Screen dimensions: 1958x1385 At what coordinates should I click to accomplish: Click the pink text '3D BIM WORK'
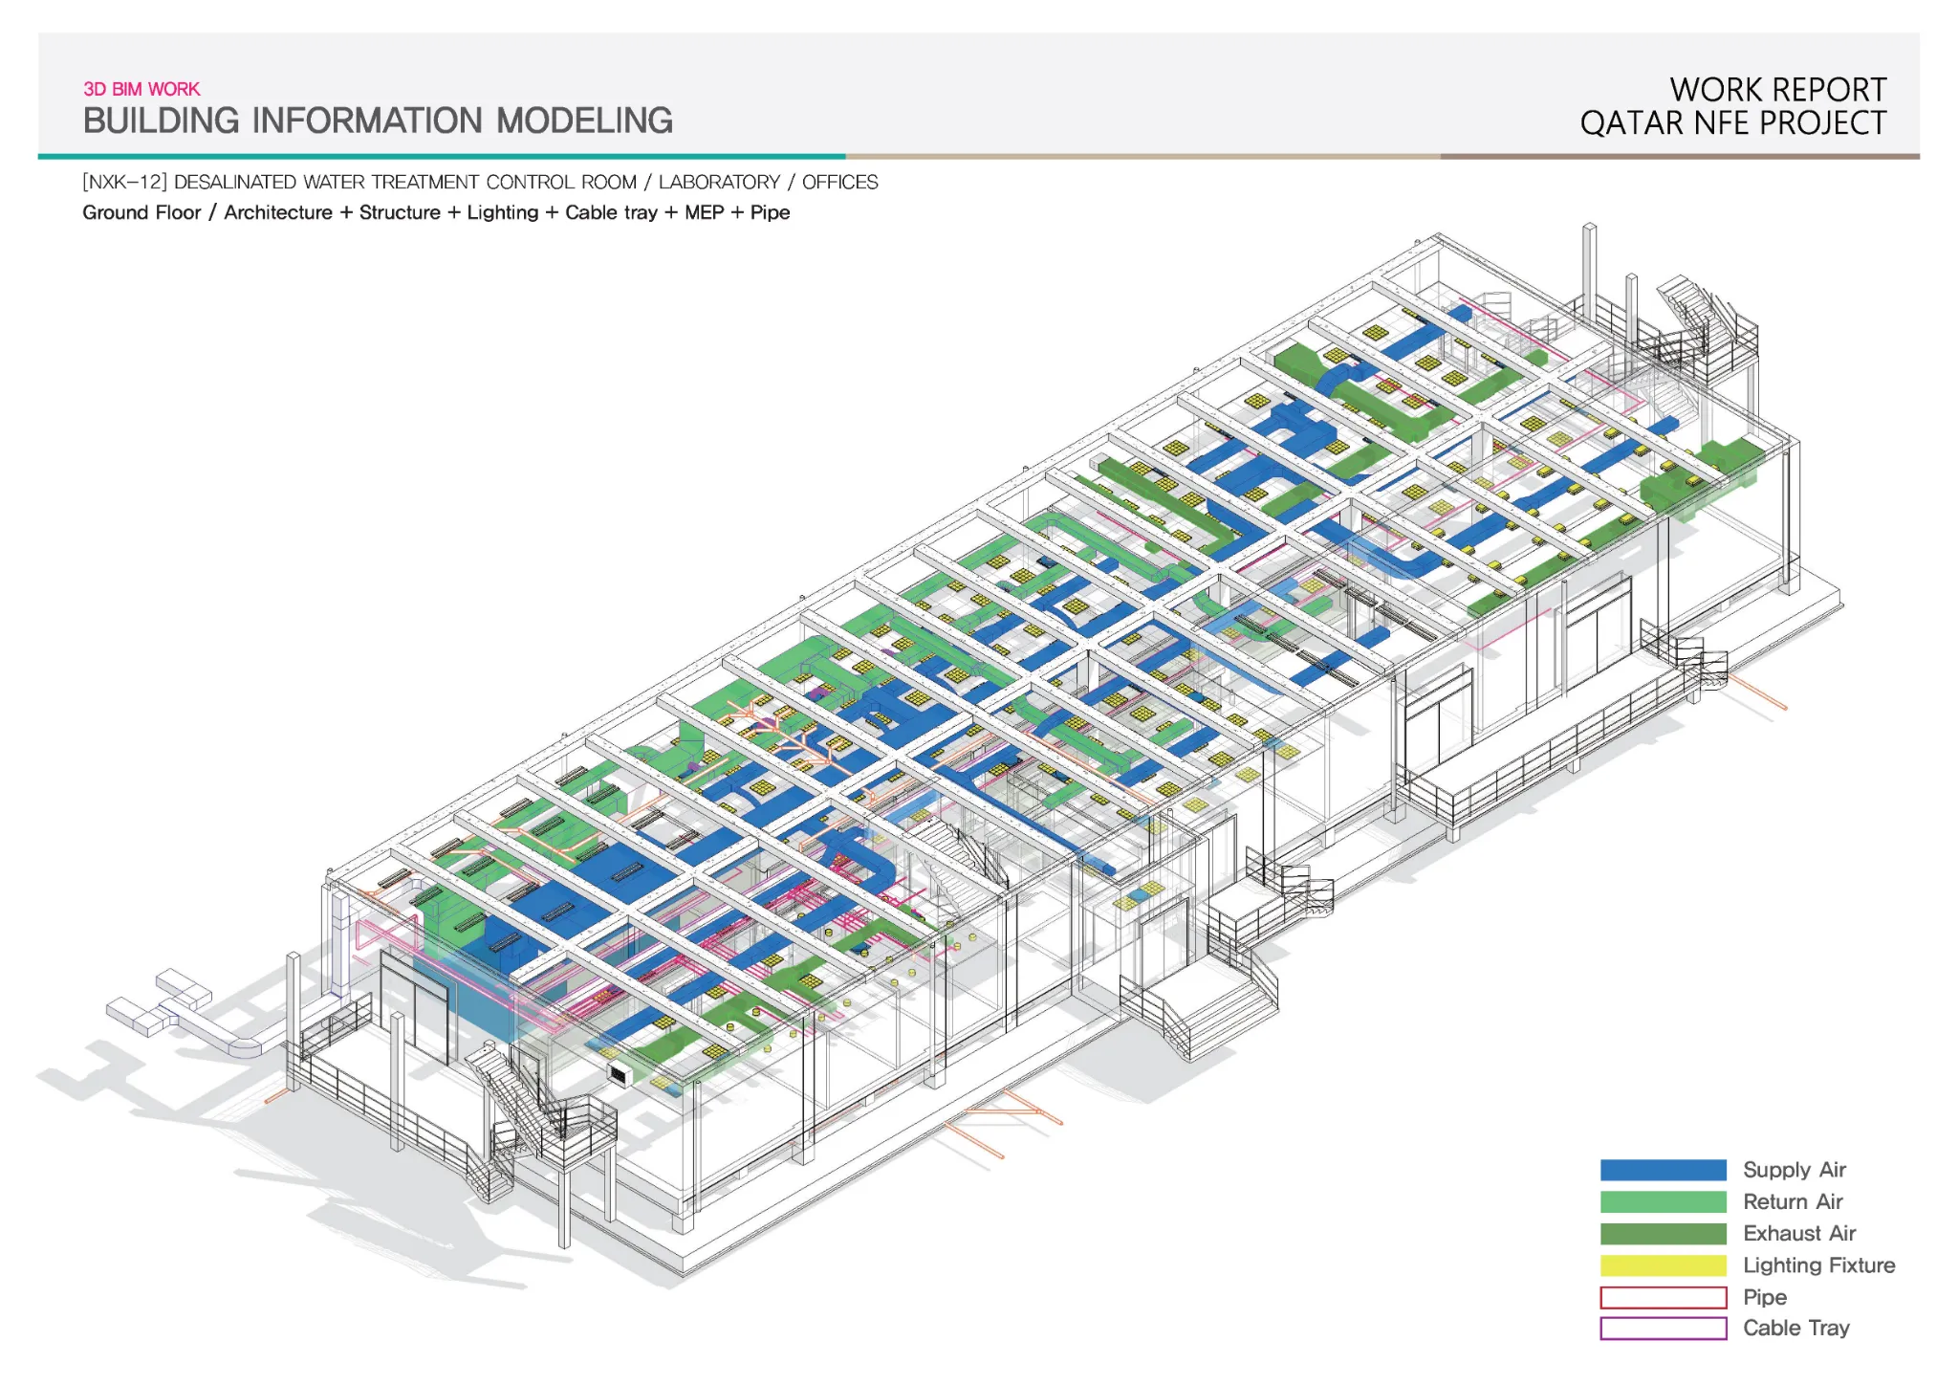141,89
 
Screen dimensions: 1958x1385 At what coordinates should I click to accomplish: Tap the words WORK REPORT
1778,90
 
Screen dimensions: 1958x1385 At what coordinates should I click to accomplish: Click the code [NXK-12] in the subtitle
124,182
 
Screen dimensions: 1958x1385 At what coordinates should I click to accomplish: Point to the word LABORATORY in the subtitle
719,182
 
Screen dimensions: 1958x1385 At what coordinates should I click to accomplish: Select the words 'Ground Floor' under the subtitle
141,212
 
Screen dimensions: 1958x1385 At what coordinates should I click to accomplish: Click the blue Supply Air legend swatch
1664,1170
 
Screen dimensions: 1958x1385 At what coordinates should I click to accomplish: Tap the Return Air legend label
1793,1201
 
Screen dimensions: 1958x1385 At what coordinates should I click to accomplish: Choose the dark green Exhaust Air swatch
1664,1234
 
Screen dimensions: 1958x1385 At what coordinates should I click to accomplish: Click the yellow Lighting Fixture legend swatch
1664,1265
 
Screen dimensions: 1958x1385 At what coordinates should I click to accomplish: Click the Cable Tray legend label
1796,1328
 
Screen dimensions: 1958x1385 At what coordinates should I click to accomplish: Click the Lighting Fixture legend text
1818,1265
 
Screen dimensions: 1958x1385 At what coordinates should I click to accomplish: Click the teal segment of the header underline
442,156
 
